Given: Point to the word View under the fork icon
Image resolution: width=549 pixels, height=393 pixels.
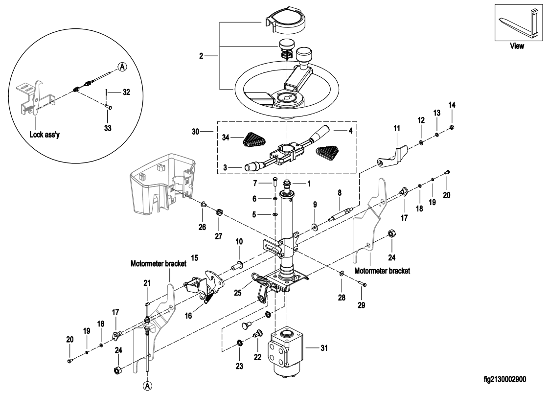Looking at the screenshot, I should point(517,46).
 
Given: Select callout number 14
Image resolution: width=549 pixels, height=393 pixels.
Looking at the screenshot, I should point(451,105).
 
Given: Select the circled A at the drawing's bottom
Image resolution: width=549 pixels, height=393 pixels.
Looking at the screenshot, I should point(147,386).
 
